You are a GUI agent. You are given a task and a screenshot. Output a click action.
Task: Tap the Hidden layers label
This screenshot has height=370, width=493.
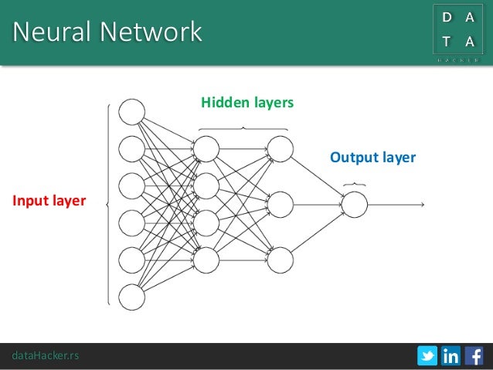[x=246, y=102]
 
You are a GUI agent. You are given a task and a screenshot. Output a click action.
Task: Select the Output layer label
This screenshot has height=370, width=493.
[x=372, y=158]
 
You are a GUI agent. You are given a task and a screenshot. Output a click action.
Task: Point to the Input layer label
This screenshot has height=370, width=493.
[x=48, y=202]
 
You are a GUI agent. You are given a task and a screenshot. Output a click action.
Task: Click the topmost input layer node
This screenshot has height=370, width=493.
[x=132, y=110]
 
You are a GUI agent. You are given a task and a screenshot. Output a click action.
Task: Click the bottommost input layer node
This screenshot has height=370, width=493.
[x=132, y=297]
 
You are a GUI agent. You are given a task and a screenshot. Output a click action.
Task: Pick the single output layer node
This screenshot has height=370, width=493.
[x=354, y=204]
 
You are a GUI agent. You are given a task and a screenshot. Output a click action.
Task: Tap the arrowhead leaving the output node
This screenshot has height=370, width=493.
[x=422, y=204]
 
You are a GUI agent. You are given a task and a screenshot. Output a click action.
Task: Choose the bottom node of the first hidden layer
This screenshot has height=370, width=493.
[x=206, y=260]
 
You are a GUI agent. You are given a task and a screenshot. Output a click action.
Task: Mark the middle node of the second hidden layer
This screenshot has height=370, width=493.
[x=280, y=204]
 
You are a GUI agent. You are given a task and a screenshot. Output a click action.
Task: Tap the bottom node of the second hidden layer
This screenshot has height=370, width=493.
[x=280, y=260]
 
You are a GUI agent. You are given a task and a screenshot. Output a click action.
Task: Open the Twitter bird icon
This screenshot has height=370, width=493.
[x=427, y=355]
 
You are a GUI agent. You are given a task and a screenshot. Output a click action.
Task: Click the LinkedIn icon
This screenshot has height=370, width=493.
[x=450, y=355]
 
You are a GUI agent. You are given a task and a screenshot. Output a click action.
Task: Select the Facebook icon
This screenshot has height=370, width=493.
[x=474, y=355]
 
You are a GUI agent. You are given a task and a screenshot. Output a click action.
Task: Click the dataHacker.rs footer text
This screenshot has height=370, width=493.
[x=45, y=355]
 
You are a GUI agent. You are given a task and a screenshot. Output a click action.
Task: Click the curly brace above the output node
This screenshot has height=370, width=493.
[x=354, y=184]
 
